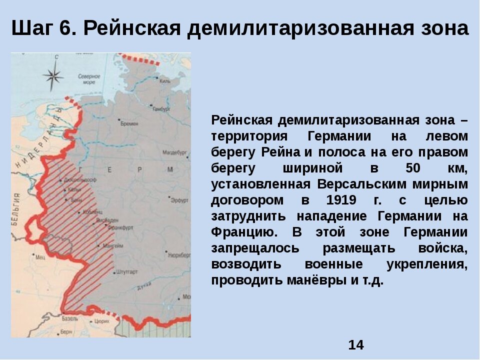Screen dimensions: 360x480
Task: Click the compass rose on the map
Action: click(x=53, y=76)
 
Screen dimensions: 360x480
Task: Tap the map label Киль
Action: click(x=165, y=81)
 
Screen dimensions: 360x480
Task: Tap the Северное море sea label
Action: click(x=89, y=79)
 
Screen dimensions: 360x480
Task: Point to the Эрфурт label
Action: click(x=179, y=200)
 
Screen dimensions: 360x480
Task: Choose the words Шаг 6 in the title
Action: click(x=42, y=29)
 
